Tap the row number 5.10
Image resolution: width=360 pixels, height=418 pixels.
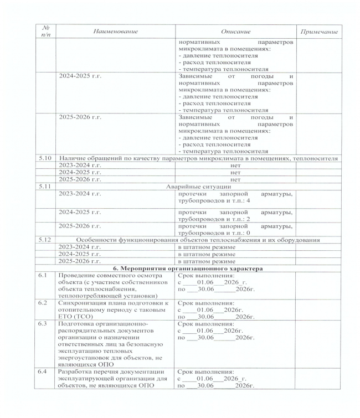pos(44,158)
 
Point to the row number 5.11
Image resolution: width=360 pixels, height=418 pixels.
pos(44,187)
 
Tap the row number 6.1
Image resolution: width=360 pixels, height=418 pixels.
pos(42,275)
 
